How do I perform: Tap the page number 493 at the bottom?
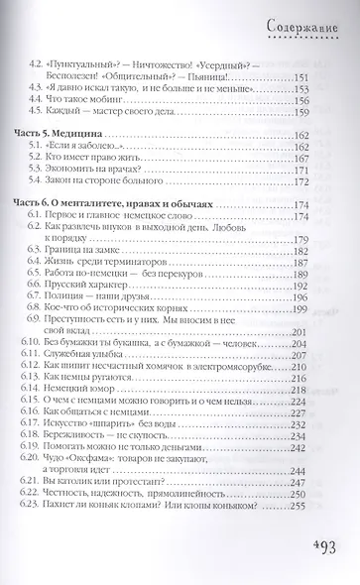coord(322,550)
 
